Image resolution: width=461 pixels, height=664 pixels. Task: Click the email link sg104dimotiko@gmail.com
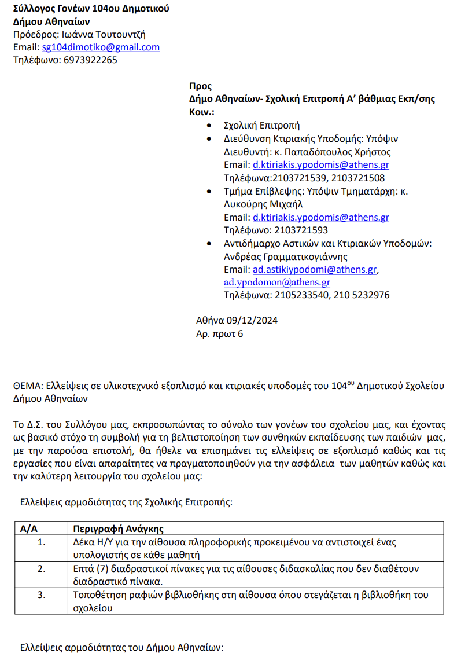coord(101,47)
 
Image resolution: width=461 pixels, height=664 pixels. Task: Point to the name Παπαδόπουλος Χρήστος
coord(343,152)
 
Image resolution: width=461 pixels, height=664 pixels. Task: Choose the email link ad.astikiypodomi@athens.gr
coord(315,270)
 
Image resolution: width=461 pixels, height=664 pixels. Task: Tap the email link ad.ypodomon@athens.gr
coord(277,283)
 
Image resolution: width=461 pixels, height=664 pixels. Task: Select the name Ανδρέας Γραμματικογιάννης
coord(286,256)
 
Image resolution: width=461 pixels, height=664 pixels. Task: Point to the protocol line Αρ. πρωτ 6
coord(220,333)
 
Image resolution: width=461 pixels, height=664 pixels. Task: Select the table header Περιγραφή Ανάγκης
coord(119,529)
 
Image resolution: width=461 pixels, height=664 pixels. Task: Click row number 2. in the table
coord(42,568)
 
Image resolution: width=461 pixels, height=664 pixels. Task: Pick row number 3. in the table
coord(42,595)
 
